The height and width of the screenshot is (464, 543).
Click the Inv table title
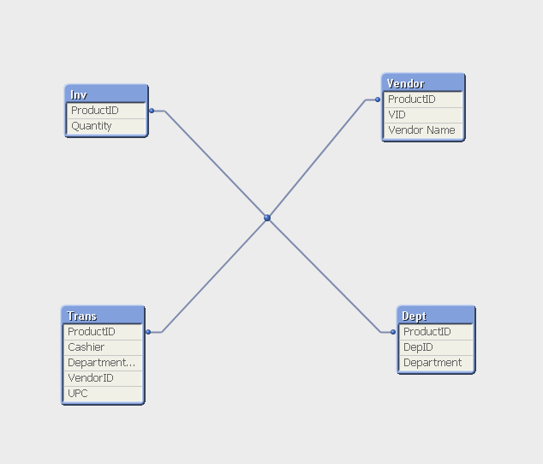coord(79,94)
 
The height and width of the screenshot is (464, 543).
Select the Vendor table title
coord(405,83)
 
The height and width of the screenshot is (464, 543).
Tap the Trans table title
coord(81,316)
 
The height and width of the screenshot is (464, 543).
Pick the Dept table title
coord(415,316)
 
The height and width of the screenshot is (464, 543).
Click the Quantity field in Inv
coord(92,126)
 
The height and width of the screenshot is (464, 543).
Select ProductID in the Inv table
coord(95,111)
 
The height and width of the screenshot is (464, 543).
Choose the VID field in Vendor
coord(397,114)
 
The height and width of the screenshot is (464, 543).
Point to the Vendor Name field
coord(421,130)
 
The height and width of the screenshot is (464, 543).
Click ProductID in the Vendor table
coord(412,99)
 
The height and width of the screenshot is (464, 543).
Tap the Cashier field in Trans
coord(86,347)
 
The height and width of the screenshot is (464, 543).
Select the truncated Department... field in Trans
coord(101,363)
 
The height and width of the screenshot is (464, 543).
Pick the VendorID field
coord(91,377)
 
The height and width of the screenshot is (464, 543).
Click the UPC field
coord(78,394)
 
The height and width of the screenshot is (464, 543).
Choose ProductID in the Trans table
coord(92,332)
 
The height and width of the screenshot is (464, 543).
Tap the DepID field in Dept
coord(418,347)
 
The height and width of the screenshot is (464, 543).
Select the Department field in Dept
coord(433,363)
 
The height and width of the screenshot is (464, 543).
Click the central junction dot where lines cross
coord(267,218)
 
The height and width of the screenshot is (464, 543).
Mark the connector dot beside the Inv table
coord(152,111)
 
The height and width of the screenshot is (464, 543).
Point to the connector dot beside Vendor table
coord(378,99)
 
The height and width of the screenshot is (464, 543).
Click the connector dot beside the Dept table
coord(393,332)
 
